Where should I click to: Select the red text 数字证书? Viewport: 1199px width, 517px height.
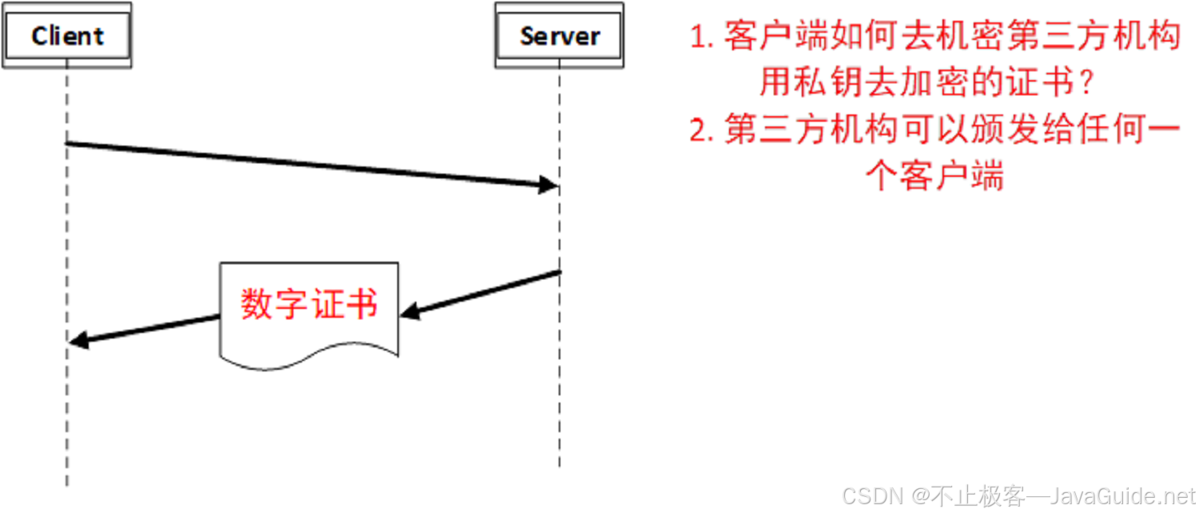click(309, 305)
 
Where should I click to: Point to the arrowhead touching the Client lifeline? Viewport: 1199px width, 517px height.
click(77, 342)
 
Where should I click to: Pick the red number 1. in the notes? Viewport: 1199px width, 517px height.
click(701, 38)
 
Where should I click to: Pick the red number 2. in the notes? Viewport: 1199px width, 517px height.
click(701, 131)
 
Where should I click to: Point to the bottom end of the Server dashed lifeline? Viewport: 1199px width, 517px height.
click(560, 466)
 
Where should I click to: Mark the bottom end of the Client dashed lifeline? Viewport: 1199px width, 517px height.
click(67, 484)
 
